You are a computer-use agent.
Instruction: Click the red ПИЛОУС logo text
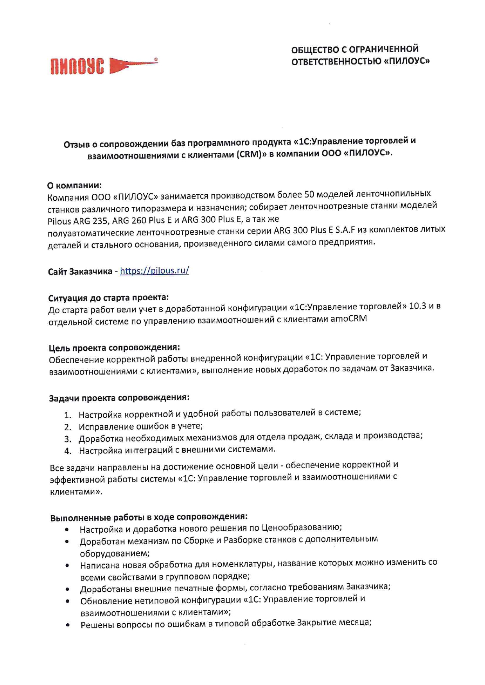point(77,66)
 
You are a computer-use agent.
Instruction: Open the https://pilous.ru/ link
point(154,271)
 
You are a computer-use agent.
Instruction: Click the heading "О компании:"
point(74,185)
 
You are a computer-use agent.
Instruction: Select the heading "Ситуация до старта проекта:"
point(108,298)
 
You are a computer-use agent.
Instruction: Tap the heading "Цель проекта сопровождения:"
point(114,348)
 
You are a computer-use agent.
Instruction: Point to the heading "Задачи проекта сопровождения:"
point(119,398)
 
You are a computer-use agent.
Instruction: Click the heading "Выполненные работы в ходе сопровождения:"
point(149,517)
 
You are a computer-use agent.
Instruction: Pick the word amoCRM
point(348,319)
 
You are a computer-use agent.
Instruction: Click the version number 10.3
point(417,306)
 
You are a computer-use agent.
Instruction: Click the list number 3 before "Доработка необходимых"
point(68,439)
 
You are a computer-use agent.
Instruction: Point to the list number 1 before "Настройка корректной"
point(67,415)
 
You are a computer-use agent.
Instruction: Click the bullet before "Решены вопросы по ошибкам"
point(68,625)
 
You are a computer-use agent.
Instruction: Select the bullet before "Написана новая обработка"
point(67,565)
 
